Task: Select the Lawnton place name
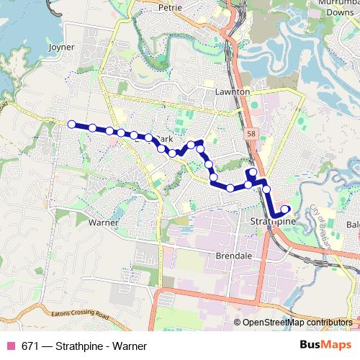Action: [x=233, y=92]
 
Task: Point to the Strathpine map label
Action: [x=274, y=222]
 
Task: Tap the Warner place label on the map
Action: [x=103, y=222]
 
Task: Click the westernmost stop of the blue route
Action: [x=71, y=124]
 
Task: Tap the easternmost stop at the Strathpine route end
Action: [x=286, y=210]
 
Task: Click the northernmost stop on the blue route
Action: [x=199, y=143]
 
